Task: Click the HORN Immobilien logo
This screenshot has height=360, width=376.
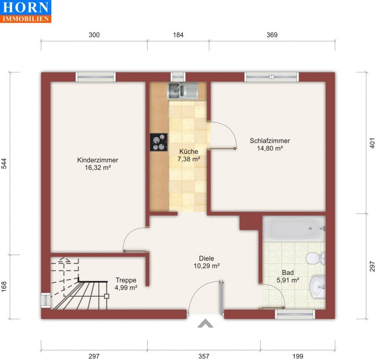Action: tap(25, 11)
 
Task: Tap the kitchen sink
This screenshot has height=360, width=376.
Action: tap(183, 91)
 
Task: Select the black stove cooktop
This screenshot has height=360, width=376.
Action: tap(159, 142)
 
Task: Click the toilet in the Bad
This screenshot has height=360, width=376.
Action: tap(316, 258)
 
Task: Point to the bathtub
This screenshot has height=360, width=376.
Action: tap(294, 229)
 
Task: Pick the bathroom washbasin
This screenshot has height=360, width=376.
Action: tap(318, 287)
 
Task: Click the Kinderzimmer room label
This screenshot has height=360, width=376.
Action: tap(98, 160)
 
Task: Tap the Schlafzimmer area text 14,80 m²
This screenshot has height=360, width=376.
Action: tap(270, 148)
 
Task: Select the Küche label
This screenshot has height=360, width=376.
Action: tap(189, 152)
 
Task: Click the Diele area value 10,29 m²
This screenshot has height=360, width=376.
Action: tap(207, 266)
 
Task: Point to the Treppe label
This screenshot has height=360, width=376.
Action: tap(126, 280)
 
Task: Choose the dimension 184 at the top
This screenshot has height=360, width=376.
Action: tap(178, 35)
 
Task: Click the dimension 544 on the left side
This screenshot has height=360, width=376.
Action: tap(4, 163)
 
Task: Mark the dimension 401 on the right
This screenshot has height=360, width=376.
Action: tap(372, 143)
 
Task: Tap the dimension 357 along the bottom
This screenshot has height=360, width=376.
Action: tap(204, 356)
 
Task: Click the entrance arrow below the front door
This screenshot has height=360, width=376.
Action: tap(205, 323)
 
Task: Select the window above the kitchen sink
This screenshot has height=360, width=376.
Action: tap(178, 77)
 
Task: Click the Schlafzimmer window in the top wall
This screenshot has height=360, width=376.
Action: tap(272, 77)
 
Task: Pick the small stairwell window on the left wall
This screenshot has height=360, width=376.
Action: tap(45, 300)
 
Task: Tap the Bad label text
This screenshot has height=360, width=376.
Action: tap(288, 273)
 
